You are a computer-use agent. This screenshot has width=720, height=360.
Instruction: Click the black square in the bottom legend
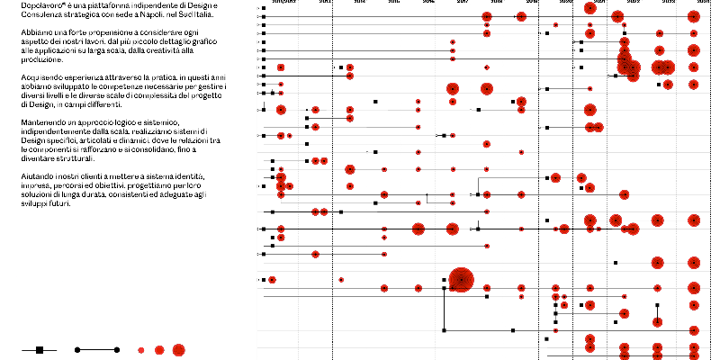tap(40, 349)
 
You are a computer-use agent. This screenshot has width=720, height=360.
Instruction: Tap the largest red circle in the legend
tap(178, 349)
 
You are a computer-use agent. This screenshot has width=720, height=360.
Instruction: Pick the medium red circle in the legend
tap(158, 349)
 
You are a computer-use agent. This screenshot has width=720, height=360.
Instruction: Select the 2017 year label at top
tap(463, 3)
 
